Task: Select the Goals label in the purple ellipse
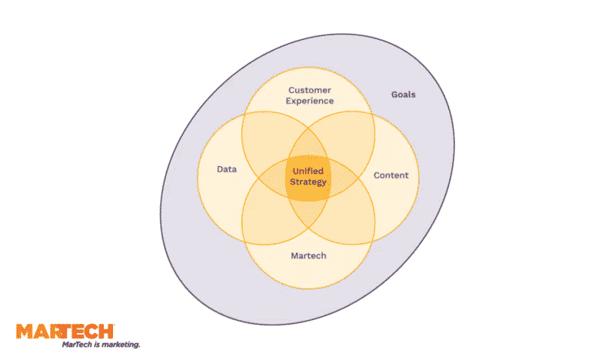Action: coord(403,95)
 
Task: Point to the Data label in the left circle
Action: coord(227,169)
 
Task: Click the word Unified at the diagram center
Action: coord(308,171)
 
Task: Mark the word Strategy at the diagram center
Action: coord(308,182)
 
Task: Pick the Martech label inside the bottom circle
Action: coord(308,255)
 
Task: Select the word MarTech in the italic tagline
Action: coord(76,345)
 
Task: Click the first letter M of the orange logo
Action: coord(25,332)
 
